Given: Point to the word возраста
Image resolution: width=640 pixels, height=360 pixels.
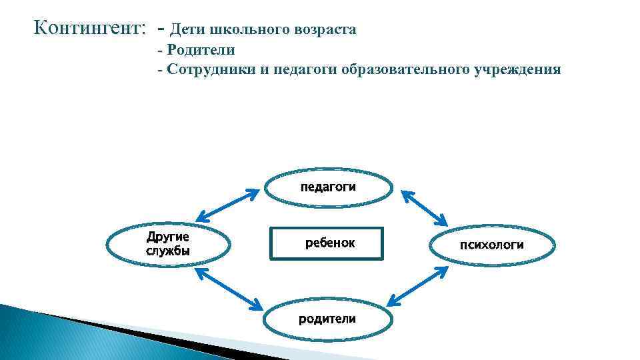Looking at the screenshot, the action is pyautogui.click(x=326, y=31).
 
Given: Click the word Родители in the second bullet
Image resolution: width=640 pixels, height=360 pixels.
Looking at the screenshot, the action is pyautogui.click(x=201, y=50).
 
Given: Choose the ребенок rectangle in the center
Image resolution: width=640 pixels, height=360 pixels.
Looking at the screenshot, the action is pyautogui.click(x=328, y=243).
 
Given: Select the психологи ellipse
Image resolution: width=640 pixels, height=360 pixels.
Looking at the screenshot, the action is pyautogui.click(x=492, y=245).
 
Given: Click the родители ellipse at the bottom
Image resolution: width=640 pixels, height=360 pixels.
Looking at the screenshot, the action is pyautogui.click(x=327, y=319).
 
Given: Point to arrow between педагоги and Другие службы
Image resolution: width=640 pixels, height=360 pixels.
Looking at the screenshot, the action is pyautogui.click(x=227, y=205).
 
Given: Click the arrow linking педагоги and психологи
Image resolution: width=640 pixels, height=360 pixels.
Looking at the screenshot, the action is pyautogui.click(x=425, y=208).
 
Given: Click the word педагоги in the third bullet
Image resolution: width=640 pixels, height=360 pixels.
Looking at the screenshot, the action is pyautogui.click(x=303, y=69).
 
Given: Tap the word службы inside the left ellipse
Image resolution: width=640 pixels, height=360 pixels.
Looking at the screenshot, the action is pyautogui.click(x=168, y=251).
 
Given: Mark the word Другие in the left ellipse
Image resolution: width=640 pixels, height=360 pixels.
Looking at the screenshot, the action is pyautogui.click(x=168, y=237).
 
